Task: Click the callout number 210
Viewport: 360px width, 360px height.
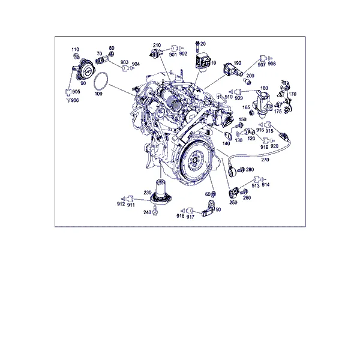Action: click(157, 45)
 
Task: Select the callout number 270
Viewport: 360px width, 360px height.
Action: click(265, 160)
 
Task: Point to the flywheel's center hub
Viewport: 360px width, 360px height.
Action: click(195, 160)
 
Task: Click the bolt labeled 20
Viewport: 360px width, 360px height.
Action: click(197, 47)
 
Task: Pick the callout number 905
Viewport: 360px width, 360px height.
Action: click(76, 92)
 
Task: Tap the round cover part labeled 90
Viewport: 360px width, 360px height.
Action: click(85, 69)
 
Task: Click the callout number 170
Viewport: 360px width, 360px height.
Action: click(293, 94)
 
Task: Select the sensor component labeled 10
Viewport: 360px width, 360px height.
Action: click(203, 62)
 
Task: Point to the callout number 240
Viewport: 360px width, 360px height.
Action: click(147, 212)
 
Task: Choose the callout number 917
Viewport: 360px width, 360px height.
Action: click(190, 217)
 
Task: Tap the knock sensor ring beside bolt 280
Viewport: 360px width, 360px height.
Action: click(231, 172)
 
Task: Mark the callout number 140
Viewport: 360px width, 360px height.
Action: click(226, 143)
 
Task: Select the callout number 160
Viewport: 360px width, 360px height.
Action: click(264, 88)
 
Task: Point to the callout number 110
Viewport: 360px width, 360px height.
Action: click(75, 49)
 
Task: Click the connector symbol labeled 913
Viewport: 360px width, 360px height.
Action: click(257, 179)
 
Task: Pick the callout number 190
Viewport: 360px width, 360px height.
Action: click(238, 63)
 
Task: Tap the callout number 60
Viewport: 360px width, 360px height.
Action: click(208, 194)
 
